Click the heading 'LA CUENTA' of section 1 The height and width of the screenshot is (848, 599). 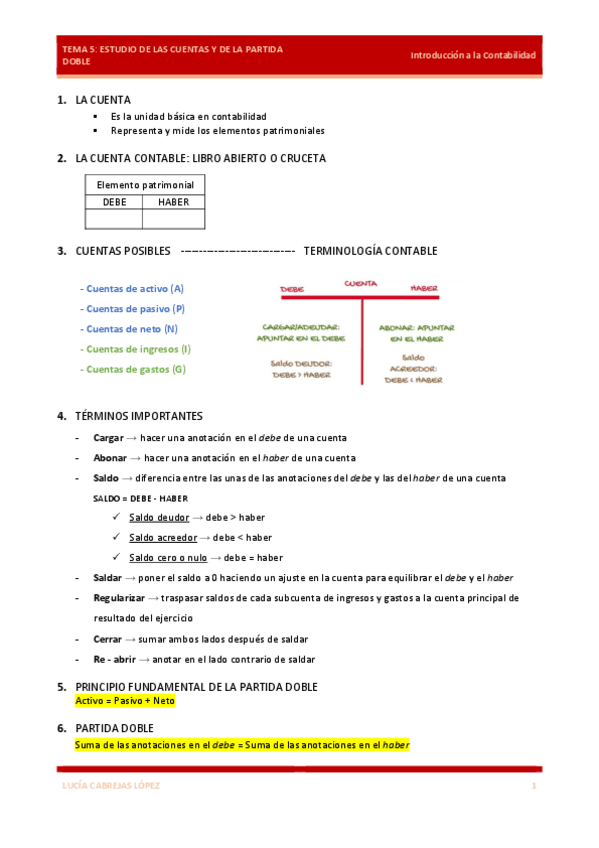[103, 100]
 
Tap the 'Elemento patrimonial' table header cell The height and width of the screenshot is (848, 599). [145, 185]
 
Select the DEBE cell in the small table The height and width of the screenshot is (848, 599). [115, 202]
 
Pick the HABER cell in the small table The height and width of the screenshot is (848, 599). [174, 202]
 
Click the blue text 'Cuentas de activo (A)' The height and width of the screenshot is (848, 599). [132, 288]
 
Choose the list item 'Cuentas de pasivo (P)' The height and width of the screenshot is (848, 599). [132, 309]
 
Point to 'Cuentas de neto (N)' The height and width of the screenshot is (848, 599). [129, 329]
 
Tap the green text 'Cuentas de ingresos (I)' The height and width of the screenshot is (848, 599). [135, 349]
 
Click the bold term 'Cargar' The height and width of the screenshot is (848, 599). [108, 438]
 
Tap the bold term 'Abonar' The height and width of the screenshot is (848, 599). [110, 458]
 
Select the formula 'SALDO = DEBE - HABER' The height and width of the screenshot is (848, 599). [140, 498]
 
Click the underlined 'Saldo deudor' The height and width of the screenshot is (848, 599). [158, 517]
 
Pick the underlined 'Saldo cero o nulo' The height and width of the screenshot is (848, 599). [168, 557]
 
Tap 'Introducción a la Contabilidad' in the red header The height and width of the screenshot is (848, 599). [473, 55]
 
